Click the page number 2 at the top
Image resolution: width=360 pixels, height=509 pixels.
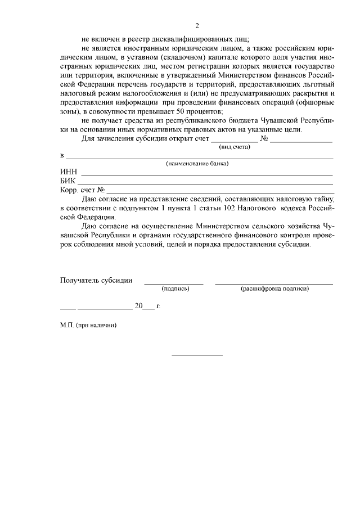[197, 26]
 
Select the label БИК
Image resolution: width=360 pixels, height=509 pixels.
[68, 181]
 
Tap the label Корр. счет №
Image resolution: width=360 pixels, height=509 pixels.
[82, 190]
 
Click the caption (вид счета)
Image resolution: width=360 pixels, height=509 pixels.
[234, 146]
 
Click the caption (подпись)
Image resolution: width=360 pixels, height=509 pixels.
[175, 289]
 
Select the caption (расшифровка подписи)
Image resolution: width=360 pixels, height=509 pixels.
[274, 289]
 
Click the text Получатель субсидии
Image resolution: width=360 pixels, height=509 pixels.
[96, 280]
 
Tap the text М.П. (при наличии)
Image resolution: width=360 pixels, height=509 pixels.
[88, 325]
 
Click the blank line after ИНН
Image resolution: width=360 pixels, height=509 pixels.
[208, 175]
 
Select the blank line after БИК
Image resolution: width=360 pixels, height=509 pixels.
[208, 184]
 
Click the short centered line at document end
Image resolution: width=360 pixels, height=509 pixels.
[197, 355]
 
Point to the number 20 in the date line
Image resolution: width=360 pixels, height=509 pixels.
[139, 307]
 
